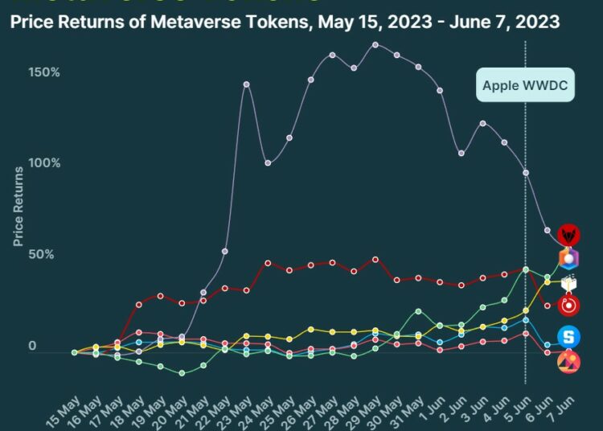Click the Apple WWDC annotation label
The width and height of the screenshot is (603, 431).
(524, 85)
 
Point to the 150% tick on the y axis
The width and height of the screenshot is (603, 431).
(44, 72)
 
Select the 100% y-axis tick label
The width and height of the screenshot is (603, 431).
(44, 163)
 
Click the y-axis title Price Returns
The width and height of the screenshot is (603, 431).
(18, 206)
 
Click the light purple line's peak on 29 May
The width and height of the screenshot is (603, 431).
(375, 44)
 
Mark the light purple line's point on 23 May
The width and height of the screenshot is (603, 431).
(246, 84)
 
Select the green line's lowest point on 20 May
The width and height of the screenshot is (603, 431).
(182, 373)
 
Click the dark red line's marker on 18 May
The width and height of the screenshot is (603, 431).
(139, 305)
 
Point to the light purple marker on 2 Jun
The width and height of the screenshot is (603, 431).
(461, 153)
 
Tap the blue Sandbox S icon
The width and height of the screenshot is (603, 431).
(570, 337)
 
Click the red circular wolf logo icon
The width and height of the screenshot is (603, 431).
(570, 235)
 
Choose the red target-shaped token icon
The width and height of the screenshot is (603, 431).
(570, 305)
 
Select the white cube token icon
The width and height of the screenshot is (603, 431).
(570, 282)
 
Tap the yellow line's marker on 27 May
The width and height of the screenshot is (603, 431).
(332, 331)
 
